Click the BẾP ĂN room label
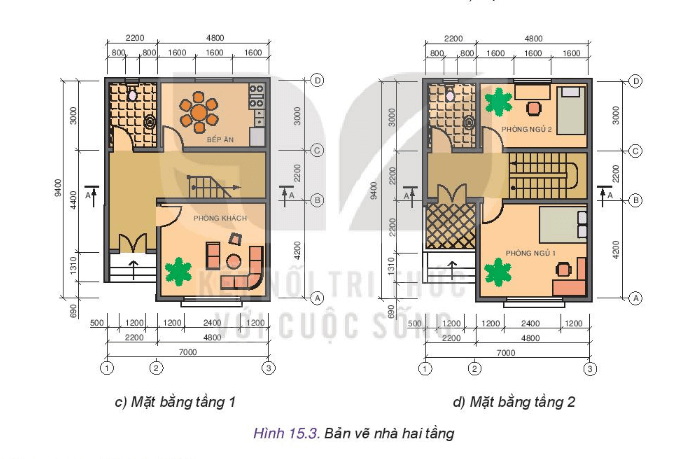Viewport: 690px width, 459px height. (220, 139)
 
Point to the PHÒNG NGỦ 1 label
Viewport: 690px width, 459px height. (529, 253)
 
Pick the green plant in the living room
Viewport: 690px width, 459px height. (178, 271)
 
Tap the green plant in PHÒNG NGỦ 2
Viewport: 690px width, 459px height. (497, 102)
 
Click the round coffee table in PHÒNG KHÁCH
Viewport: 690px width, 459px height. (232, 262)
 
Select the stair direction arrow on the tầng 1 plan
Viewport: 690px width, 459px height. (214, 185)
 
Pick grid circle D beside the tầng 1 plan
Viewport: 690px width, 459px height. (316, 80)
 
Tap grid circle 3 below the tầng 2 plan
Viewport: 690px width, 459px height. (590, 368)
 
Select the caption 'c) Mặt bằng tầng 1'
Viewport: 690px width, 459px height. (174, 403)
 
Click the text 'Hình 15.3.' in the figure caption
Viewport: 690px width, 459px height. (286, 433)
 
